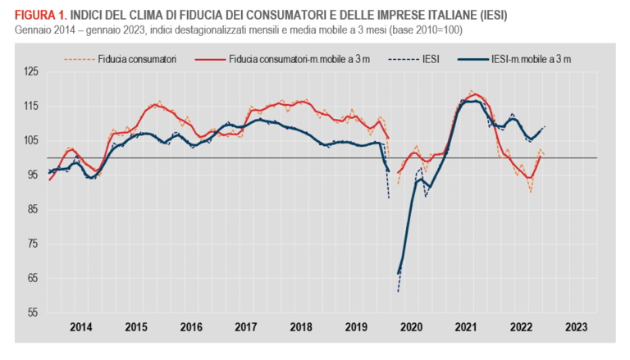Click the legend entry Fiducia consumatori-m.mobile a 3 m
click(x=296, y=59)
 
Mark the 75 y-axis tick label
click(x=31, y=244)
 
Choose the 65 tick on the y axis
click(x=31, y=279)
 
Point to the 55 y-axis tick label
click(x=31, y=313)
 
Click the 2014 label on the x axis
click(x=80, y=327)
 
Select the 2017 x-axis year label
click(x=245, y=327)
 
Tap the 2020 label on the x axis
click(x=410, y=327)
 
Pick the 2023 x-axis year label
click(x=575, y=327)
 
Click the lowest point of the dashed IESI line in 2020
click(x=398, y=291)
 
